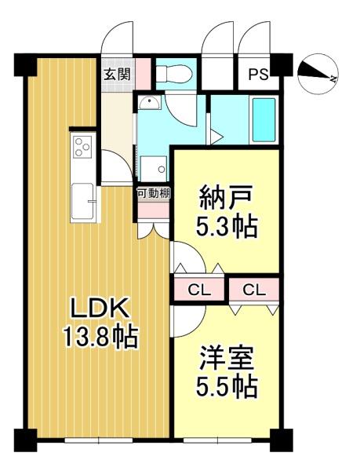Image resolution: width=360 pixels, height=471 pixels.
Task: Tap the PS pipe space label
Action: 258,75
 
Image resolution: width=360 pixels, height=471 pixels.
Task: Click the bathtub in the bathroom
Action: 264,119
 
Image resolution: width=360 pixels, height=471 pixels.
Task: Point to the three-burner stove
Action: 83,147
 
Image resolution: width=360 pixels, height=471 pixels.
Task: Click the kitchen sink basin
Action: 82,201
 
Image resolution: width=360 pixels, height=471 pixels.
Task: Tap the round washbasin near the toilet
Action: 149,102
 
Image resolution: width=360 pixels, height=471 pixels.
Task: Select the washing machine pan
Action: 154,169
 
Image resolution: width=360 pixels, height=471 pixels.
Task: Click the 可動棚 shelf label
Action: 154,193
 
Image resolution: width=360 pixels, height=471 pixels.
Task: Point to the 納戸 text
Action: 225,198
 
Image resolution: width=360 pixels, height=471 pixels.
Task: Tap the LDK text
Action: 100,308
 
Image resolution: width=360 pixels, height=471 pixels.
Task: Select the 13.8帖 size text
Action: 100,337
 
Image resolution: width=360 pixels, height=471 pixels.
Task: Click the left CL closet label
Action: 199,290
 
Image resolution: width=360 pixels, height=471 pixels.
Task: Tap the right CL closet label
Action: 254,290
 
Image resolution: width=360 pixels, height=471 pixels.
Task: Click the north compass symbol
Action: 318,74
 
